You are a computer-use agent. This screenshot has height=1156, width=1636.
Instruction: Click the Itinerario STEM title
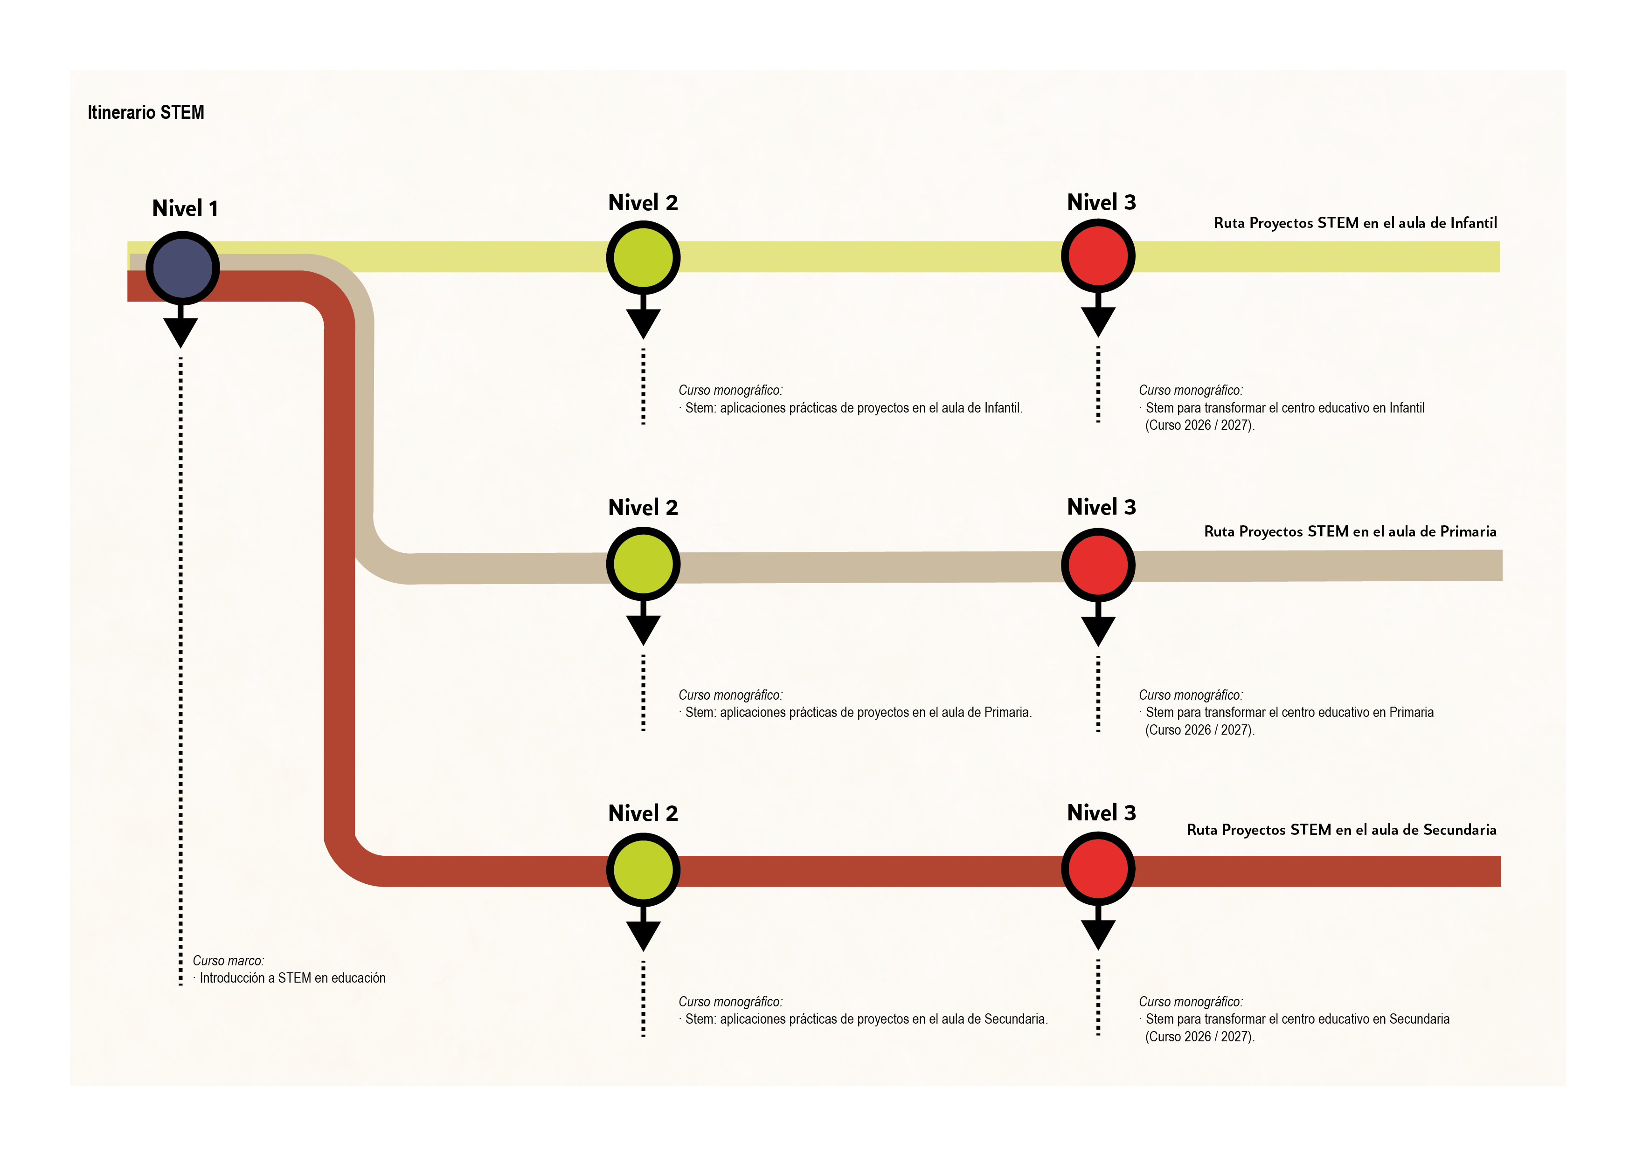pyautogui.click(x=146, y=112)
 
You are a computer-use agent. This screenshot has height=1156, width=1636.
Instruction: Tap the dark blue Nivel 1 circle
pyautogui.click(x=182, y=268)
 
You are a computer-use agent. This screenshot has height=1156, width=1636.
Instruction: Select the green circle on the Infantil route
pyautogui.click(x=643, y=257)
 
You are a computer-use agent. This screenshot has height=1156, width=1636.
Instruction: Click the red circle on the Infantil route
pyautogui.click(x=1097, y=256)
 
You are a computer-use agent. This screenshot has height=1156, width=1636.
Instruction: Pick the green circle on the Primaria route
pyautogui.click(x=643, y=564)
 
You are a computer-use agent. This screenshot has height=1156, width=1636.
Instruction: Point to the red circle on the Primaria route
pyautogui.click(x=1097, y=565)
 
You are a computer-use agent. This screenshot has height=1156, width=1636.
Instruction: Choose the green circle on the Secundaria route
pyautogui.click(x=643, y=870)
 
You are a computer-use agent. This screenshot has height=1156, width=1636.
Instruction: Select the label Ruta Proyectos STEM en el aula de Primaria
pyautogui.click(x=1350, y=531)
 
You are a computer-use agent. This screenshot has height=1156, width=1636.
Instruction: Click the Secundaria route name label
pyautogui.click(x=1341, y=830)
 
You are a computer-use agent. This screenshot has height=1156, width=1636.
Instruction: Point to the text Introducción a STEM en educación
pyautogui.click(x=292, y=978)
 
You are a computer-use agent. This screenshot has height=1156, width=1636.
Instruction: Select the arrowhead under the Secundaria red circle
pyautogui.click(x=1097, y=933)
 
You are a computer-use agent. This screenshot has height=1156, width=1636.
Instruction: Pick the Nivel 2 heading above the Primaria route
pyautogui.click(x=643, y=507)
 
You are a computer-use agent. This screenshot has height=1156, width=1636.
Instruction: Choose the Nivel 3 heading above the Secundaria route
pyautogui.click(x=1101, y=812)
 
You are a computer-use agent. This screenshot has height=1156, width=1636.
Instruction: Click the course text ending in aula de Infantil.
pyautogui.click(x=853, y=408)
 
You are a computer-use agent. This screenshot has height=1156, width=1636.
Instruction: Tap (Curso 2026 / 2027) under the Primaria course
pyautogui.click(x=1199, y=730)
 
